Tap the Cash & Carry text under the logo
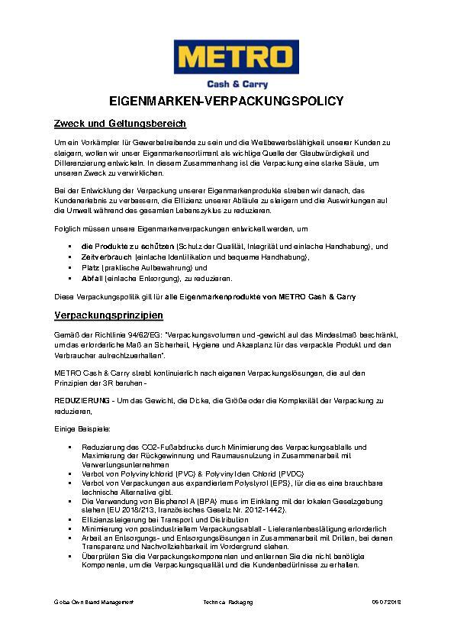click(x=238, y=84)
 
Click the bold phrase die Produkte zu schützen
click(x=127, y=247)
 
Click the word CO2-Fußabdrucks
click(x=156, y=446)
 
